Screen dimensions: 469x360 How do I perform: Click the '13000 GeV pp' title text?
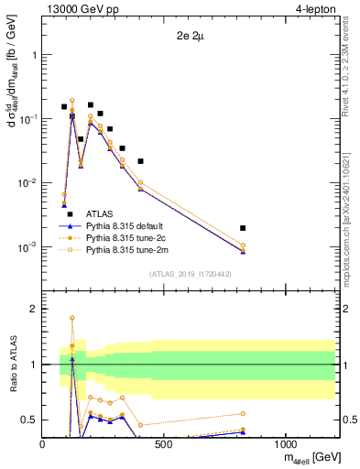[80, 10]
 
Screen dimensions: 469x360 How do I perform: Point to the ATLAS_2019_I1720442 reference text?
[191, 274]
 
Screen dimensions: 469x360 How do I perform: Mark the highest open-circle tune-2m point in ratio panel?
[72, 318]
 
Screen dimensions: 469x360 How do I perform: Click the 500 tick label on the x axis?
[164, 444]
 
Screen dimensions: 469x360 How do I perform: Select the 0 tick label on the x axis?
[43, 444]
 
